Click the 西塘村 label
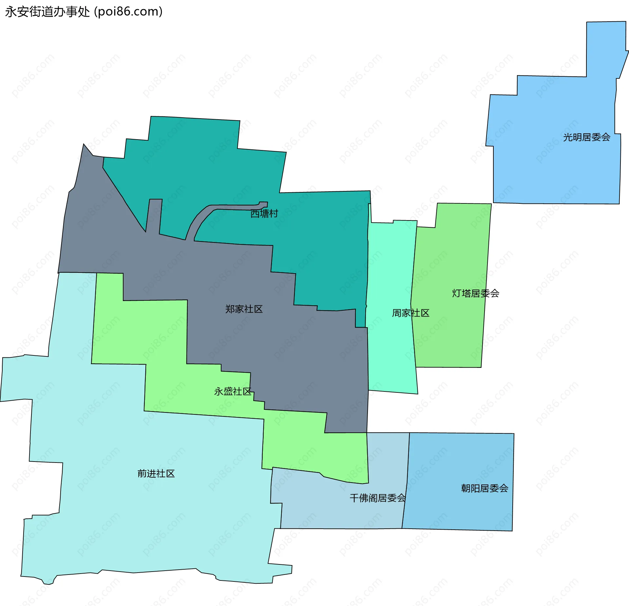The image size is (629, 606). (264, 214)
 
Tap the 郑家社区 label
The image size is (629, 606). (244, 309)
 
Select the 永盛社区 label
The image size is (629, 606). (233, 391)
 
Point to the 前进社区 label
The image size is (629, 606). (156, 473)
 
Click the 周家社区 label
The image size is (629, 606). (410, 313)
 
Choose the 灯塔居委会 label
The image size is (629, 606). (475, 293)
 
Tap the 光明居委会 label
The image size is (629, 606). (586, 137)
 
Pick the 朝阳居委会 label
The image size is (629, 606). (485, 488)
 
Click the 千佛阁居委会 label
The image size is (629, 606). (377, 498)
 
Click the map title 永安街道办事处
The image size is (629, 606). (48, 12)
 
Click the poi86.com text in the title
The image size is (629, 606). (128, 12)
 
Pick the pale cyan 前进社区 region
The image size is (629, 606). (147, 524)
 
